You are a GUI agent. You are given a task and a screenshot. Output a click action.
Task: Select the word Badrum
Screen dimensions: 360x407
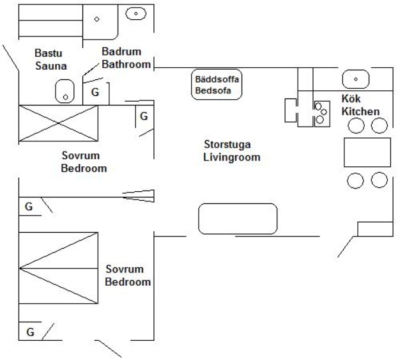121,52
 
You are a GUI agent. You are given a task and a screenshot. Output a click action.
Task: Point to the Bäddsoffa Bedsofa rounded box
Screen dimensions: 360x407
217,84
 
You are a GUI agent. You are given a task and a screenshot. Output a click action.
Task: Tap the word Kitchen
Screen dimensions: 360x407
360,112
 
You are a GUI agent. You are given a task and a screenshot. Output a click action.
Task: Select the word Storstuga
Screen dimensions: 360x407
226,145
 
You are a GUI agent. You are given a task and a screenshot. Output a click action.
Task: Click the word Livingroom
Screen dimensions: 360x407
232,157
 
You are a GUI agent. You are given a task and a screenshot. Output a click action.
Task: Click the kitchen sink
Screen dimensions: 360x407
355,79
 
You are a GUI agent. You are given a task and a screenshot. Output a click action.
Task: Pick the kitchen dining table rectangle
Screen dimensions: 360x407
366,153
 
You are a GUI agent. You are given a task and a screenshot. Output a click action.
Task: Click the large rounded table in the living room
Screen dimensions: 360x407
238,219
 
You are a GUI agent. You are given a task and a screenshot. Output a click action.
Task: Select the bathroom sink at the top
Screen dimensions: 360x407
135,13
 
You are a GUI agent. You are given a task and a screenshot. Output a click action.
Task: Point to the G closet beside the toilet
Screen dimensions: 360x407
95,93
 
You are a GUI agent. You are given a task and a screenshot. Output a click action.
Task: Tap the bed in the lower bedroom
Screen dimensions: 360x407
58,269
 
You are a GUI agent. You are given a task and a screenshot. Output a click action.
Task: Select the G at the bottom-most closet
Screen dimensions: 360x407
29,332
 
